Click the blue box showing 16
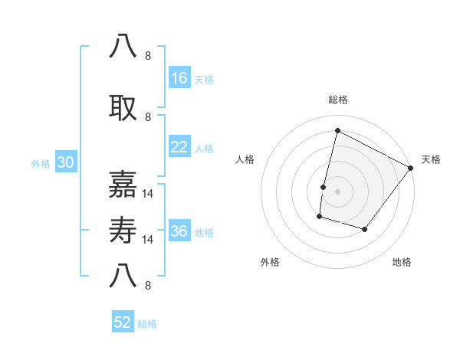[179, 78]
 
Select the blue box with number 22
[179, 147]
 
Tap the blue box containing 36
[179, 232]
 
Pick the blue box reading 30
[65, 163]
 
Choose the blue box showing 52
[123, 322]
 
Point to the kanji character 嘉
[124, 184]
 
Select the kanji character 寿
[124, 231]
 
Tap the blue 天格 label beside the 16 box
[204, 79]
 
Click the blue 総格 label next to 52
[147, 323]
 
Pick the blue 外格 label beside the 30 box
[41, 164]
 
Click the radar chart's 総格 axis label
[337, 100]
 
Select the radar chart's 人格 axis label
[245, 159]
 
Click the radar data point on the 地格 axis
[365, 230]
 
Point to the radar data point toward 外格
[319, 218]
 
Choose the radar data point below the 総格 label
[337, 130]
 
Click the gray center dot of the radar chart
[337, 191]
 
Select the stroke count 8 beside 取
[148, 116]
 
